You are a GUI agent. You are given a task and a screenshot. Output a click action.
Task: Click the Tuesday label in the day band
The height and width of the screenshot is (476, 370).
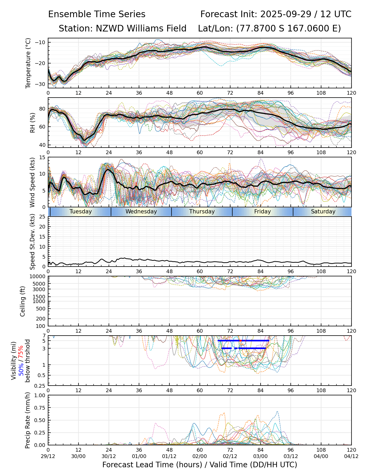pyautogui.click(x=81, y=212)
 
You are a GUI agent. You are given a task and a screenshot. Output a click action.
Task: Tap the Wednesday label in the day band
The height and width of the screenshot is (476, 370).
pyautogui.click(x=141, y=212)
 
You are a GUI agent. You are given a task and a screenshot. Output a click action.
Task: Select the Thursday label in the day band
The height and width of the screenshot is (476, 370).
pyautogui.click(x=202, y=212)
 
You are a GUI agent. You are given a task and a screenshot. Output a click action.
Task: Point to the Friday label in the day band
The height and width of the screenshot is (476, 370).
pyautogui.click(x=262, y=212)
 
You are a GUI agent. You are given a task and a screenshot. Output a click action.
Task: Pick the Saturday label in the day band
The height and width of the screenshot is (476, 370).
pyautogui.click(x=323, y=212)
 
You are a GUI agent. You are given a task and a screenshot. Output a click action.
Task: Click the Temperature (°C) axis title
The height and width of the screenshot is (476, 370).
pyautogui.click(x=28, y=63)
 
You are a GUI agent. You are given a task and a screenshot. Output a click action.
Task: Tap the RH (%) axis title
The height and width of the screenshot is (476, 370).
pyautogui.click(x=33, y=123)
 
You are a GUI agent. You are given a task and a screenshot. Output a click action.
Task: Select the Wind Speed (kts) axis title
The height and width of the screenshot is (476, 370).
pyautogui.click(x=32, y=182)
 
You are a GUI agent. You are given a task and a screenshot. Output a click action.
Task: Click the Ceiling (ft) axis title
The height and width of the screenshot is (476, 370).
pyautogui.click(x=23, y=301)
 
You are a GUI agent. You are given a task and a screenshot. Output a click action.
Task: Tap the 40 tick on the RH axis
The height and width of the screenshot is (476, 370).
pyautogui.click(x=43, y=145)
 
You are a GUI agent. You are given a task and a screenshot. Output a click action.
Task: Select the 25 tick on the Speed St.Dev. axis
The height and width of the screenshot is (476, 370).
pyautogui.click(x=43, y=217)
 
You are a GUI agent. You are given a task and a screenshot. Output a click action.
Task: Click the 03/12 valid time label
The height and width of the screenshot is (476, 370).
pyautogui.click(x=291, y=456)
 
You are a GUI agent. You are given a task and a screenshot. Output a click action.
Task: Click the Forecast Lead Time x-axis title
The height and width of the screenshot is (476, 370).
pyautogui.click(x=200, y=465)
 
